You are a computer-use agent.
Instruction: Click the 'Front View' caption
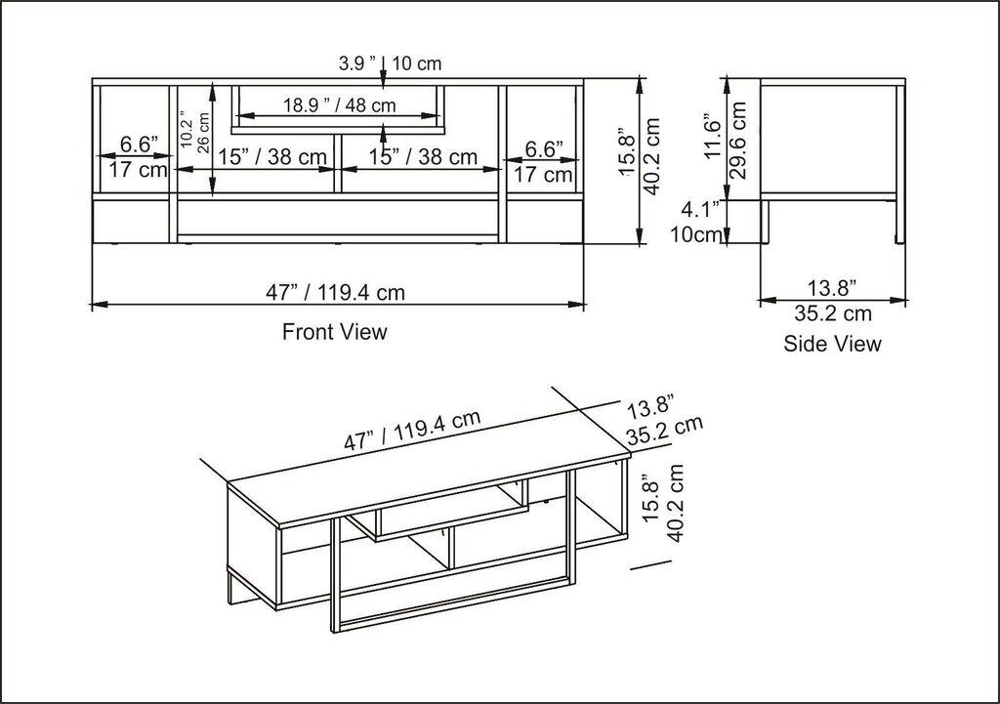(x=334, y=332)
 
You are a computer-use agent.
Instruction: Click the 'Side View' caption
(x=832, y=344)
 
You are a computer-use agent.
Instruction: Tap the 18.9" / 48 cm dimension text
(x=339, y=105)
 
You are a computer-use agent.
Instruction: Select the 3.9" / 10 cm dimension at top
(x=390, y=63)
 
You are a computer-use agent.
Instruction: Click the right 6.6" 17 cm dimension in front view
(x=544, y=162)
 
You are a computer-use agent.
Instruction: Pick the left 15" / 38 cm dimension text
(x=271, y=156)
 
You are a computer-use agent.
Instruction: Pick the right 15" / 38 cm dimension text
(x=423, y=156)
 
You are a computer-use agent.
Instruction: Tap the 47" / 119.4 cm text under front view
(x=335, y=291)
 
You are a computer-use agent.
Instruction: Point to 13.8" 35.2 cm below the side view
(x=832, y=301)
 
